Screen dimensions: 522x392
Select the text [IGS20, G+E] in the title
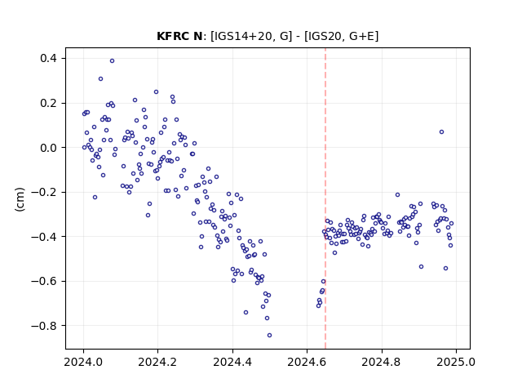pos(341,36)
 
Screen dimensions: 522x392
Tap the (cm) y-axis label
pos(20,199)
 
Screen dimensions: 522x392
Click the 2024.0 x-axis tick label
pos(83,362)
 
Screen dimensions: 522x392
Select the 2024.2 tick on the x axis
pos(157,362)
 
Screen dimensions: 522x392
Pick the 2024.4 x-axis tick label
pos(232,362)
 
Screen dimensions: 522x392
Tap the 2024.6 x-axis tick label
pos(307,362)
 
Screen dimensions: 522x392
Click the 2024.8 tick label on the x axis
pos(382,362)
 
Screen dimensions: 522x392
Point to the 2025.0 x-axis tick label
pos(456,362)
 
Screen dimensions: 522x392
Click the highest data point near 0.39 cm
pos(113,60)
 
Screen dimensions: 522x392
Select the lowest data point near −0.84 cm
pos(269,336)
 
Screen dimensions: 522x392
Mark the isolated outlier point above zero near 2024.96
pos(441,132)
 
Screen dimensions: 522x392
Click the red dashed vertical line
pos(325,198)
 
